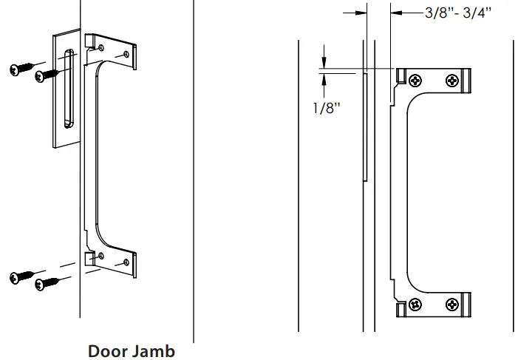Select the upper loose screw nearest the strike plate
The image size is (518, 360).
tap(44, 74)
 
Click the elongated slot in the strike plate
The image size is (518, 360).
tap(67, 87)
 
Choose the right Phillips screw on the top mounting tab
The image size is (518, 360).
tap(450, 80)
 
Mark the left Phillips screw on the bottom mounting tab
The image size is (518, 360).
tap(415, 303)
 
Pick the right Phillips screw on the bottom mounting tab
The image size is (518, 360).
tap(450, 303)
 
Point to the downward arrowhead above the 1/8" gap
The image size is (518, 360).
tap(323, 63)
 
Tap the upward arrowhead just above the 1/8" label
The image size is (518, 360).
tap(323, 78)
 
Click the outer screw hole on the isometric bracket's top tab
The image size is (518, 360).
tap(130, 54)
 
